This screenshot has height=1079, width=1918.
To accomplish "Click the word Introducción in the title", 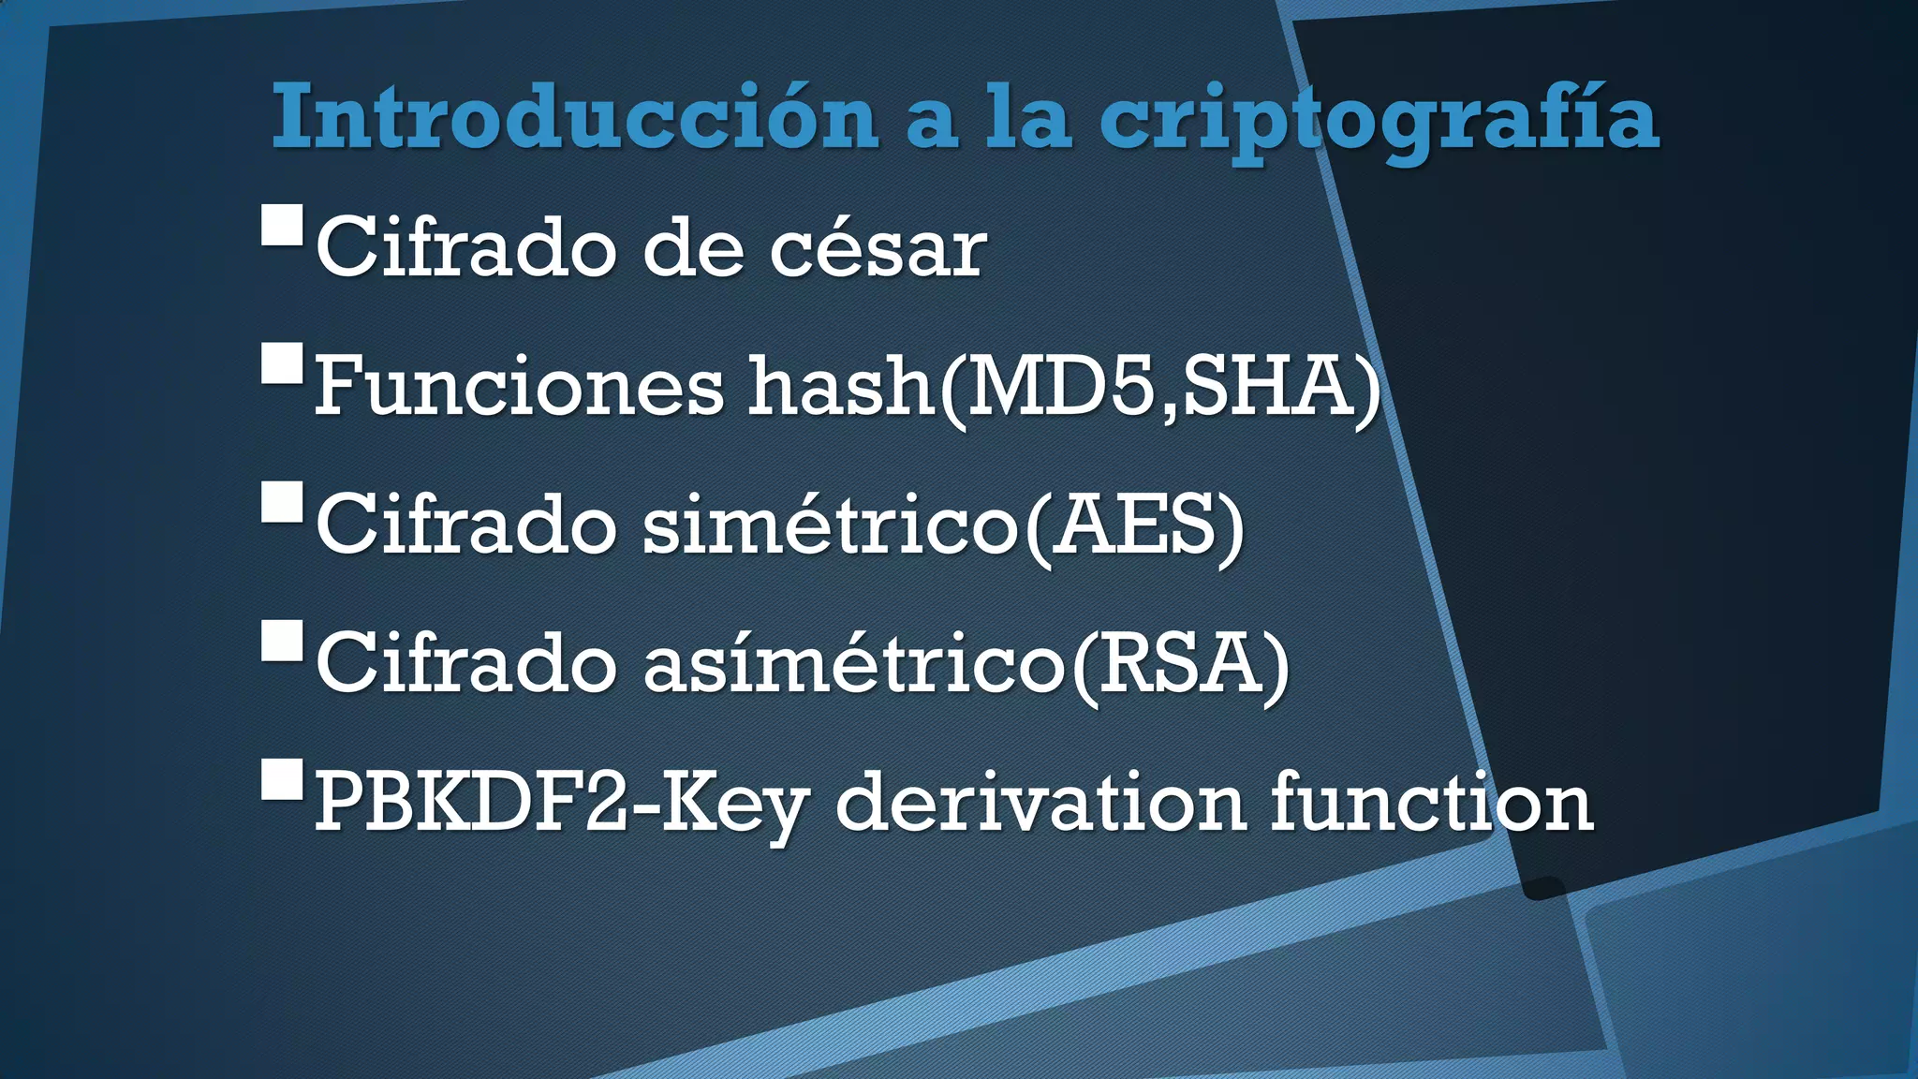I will [574, 117].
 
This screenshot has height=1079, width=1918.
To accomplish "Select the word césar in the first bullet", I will [878, 248].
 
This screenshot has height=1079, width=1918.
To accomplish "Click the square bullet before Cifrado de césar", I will [282, 225].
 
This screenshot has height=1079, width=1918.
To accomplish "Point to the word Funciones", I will [519, 386].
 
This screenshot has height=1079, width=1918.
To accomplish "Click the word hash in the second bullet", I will [840, 386].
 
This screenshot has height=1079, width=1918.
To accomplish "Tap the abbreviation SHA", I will [1268, 386].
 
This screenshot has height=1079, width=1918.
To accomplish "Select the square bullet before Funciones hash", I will [282, 363].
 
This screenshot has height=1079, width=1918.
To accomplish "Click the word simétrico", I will [830, 525].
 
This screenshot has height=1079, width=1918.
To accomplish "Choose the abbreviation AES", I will [1133, 525].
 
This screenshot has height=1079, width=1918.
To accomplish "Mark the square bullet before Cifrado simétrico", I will [282, 502].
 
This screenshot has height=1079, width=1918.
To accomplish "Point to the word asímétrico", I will [853, 663].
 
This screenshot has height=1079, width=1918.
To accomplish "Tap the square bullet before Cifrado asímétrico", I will [282, 641].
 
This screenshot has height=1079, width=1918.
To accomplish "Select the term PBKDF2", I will [470, 802].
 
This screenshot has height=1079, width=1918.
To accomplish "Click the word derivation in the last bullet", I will [1040, 802].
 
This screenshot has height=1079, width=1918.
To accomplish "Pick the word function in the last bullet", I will [1431, 802].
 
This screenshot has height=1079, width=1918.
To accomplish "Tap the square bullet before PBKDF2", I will [282, 779].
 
